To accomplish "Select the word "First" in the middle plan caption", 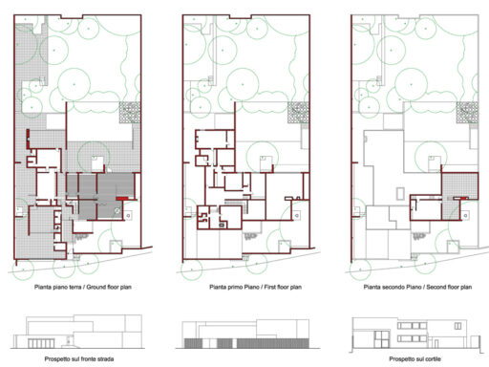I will tap(257, 286).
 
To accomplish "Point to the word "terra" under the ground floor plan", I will tap(63, 286).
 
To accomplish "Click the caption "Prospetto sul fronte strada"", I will tap(76, 359).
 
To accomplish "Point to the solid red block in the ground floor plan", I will tap(118, 198).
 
